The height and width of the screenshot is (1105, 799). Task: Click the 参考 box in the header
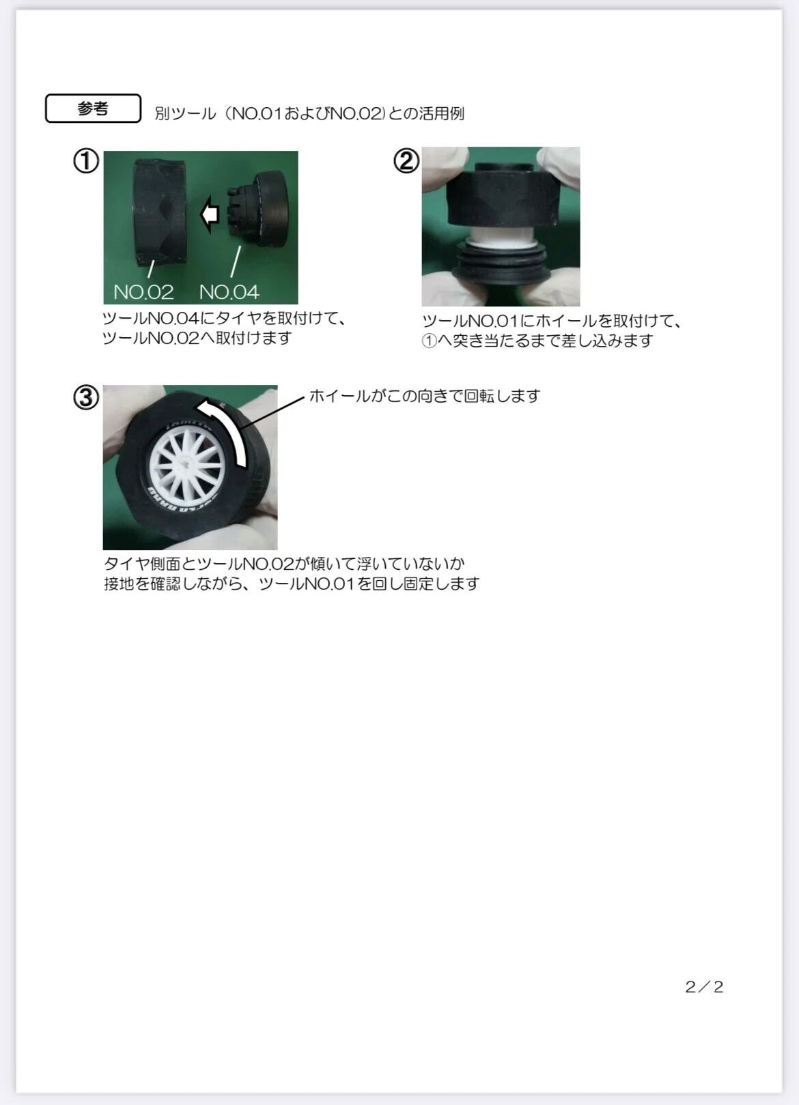93,108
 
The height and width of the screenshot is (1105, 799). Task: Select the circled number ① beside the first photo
86,161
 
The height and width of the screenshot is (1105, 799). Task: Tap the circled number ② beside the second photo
406,161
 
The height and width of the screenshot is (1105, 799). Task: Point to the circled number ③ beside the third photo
86,398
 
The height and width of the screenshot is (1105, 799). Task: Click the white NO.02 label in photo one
143,293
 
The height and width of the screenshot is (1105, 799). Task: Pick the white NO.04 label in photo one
229,293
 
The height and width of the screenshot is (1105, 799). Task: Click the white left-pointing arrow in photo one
210,214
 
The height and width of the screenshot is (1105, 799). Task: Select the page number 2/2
704,987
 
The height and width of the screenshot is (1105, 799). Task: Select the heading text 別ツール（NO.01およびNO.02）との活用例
309,113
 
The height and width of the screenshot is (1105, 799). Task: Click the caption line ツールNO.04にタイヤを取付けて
225,318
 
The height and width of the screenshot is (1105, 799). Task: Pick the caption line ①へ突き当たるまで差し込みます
537,341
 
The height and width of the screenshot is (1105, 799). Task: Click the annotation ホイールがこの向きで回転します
425,396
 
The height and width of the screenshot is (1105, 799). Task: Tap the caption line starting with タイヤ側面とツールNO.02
284,563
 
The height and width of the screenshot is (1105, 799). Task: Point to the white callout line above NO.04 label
236,261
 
